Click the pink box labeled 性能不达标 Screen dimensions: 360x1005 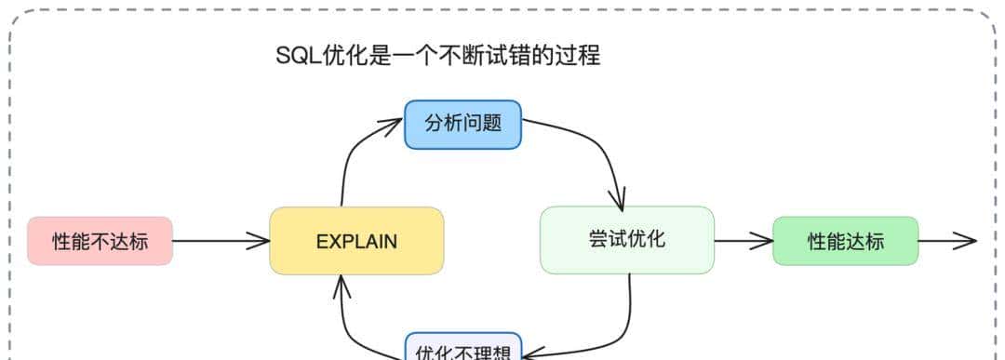click(x=100, y=242)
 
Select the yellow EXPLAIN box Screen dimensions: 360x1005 click(x=356, y=242)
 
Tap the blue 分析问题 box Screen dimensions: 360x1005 click(x=462, y=124)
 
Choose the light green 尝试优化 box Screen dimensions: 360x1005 click(x=626, y=239)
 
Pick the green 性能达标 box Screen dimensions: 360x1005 click(x=845, y=242)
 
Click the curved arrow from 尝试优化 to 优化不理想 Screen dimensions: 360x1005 click(x=619, y=326)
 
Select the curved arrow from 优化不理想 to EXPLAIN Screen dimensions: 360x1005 click(x=358, y=326)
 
